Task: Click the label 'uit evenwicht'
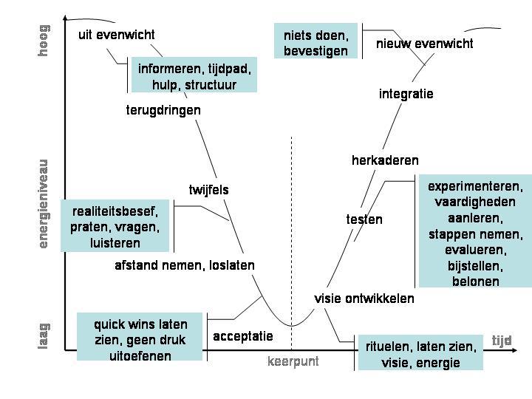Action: pyautogui.click(x=117, y=35)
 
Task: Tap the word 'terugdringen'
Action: pyautogui.click(x=163, y=110)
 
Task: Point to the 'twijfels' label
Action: pyautogui.click(x=208, y=190)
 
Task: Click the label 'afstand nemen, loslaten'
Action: pyautogui.click(x=185, y=265)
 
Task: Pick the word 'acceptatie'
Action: pyautogui.click(x=243, y=336)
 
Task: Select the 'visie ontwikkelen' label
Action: pyautogui.click(x=364, y=299)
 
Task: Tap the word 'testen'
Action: pyautogui.click(x=364, y=219)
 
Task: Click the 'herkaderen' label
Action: pyautogui.click(x=385, y=160)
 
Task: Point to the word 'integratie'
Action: pyautogui.click(x=406, y=94)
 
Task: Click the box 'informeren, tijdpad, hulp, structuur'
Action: pyautogui.click(x=194, y=77)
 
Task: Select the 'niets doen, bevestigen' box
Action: pyautogui.click(x=316, y=42)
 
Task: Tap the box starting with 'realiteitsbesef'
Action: pyautogui.click(x=115, y=227)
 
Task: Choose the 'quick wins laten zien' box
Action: pyautogui.click(x=140, y=340)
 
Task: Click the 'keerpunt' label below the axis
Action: pyautogui.click(x=293, y=361)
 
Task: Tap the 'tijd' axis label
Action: pyautogui.click(x=502, y=341)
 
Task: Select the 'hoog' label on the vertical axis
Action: pyautogui.click(x=44, y=40)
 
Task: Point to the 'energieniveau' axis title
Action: pyautogui.click(x=44, y=203)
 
